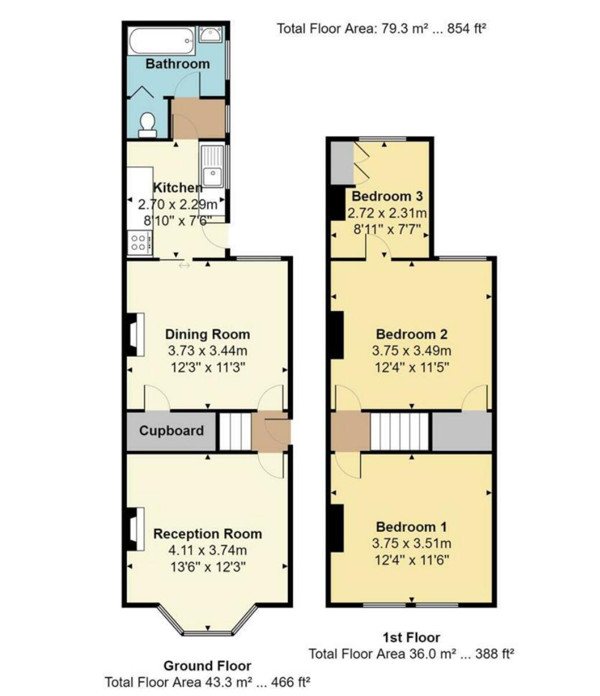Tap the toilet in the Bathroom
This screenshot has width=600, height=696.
pyautogui.click(x=147, y=124)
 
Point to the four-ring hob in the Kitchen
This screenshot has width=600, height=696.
pyautogui.click(x=139, y=242)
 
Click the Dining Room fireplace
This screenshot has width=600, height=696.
pyautogui.click(x=134, y=335)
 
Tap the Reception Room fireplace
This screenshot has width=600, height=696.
pyautogui.click(x=134, y=528)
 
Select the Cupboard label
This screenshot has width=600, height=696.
pyautogui.click(x=171, y=431)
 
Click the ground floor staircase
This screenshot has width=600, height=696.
pyautogui.click(x=235, y=431)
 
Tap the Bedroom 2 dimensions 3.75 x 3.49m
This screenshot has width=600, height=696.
pyautogui.click(x=412, y=351)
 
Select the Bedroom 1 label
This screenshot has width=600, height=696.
pyautogui.click(x=412, y=527)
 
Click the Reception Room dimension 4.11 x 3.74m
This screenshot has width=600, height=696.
pyautogui.click(x=207, y=550)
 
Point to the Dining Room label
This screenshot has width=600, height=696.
pyautogui.click(x=208, y=334)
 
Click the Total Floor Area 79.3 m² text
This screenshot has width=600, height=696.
pyautogui.click(x=380, y=28)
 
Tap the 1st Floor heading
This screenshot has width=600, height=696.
pyautogui.click(x=412, y=637)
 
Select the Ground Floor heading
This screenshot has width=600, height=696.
pyautogui.click(x=207, y=665)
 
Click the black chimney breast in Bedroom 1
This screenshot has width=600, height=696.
pyautogui.click(x=337, y=528)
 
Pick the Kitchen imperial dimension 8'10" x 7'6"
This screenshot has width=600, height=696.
pyautogui.click(x=177, y=220)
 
